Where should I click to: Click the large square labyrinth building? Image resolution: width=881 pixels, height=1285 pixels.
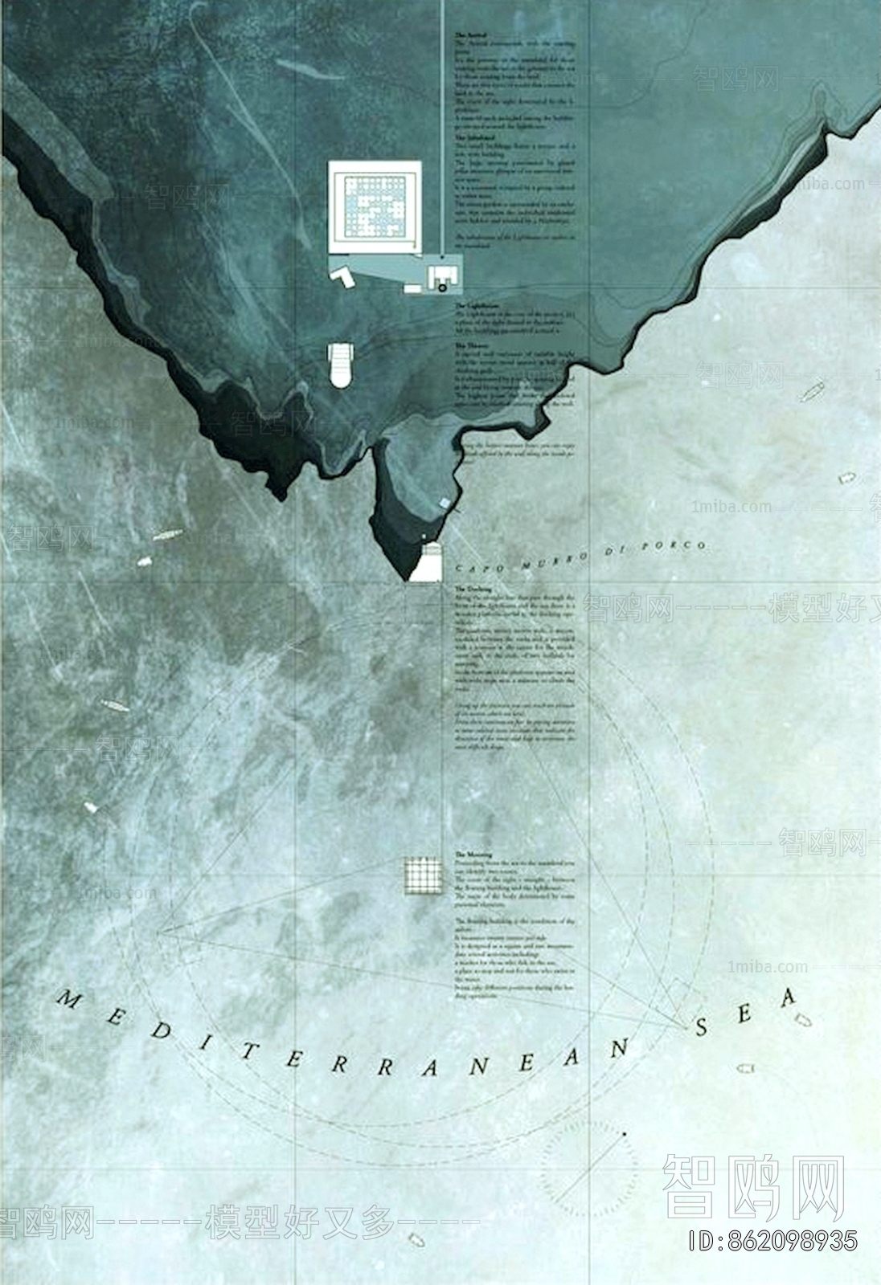click(x=375, y=208)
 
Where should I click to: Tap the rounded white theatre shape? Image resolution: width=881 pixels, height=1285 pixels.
click(x=341, y=364)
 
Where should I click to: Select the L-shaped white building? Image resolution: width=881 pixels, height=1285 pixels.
click(x=343, y=275)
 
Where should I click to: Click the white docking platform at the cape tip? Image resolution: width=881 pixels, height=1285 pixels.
click(x=427, y=562)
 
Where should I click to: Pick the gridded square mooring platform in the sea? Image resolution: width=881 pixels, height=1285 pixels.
click(x=424, y=875)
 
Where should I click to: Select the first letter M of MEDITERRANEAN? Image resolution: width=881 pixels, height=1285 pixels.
click(x=71, y=1001)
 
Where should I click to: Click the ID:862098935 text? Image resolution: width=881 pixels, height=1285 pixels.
click(x=772, y=1242)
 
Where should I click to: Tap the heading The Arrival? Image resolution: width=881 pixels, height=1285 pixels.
click(x=470, y=36)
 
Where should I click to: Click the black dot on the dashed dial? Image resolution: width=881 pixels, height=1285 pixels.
click(x=624, y=1133)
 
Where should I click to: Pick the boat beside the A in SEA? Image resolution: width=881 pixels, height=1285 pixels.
click(x=802, y=1020)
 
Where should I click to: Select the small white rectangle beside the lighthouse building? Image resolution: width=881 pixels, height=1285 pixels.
click(x=412, y=287)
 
